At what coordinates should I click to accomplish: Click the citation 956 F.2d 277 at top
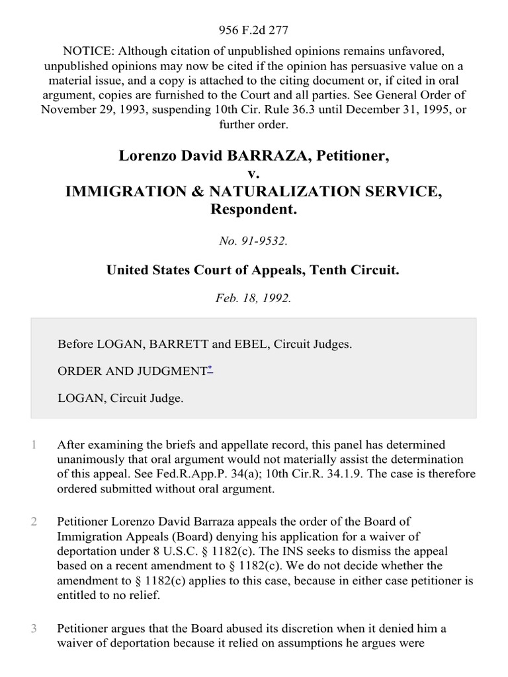point(254,30)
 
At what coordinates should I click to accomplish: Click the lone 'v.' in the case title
point(254,175)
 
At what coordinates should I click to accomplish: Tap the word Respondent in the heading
point(254,210)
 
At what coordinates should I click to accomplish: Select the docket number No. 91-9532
point(254,241)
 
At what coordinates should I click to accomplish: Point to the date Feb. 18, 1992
point(254,298)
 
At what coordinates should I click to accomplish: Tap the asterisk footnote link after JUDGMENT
point(210,368)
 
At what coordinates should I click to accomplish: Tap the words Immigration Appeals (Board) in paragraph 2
point(127,536)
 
